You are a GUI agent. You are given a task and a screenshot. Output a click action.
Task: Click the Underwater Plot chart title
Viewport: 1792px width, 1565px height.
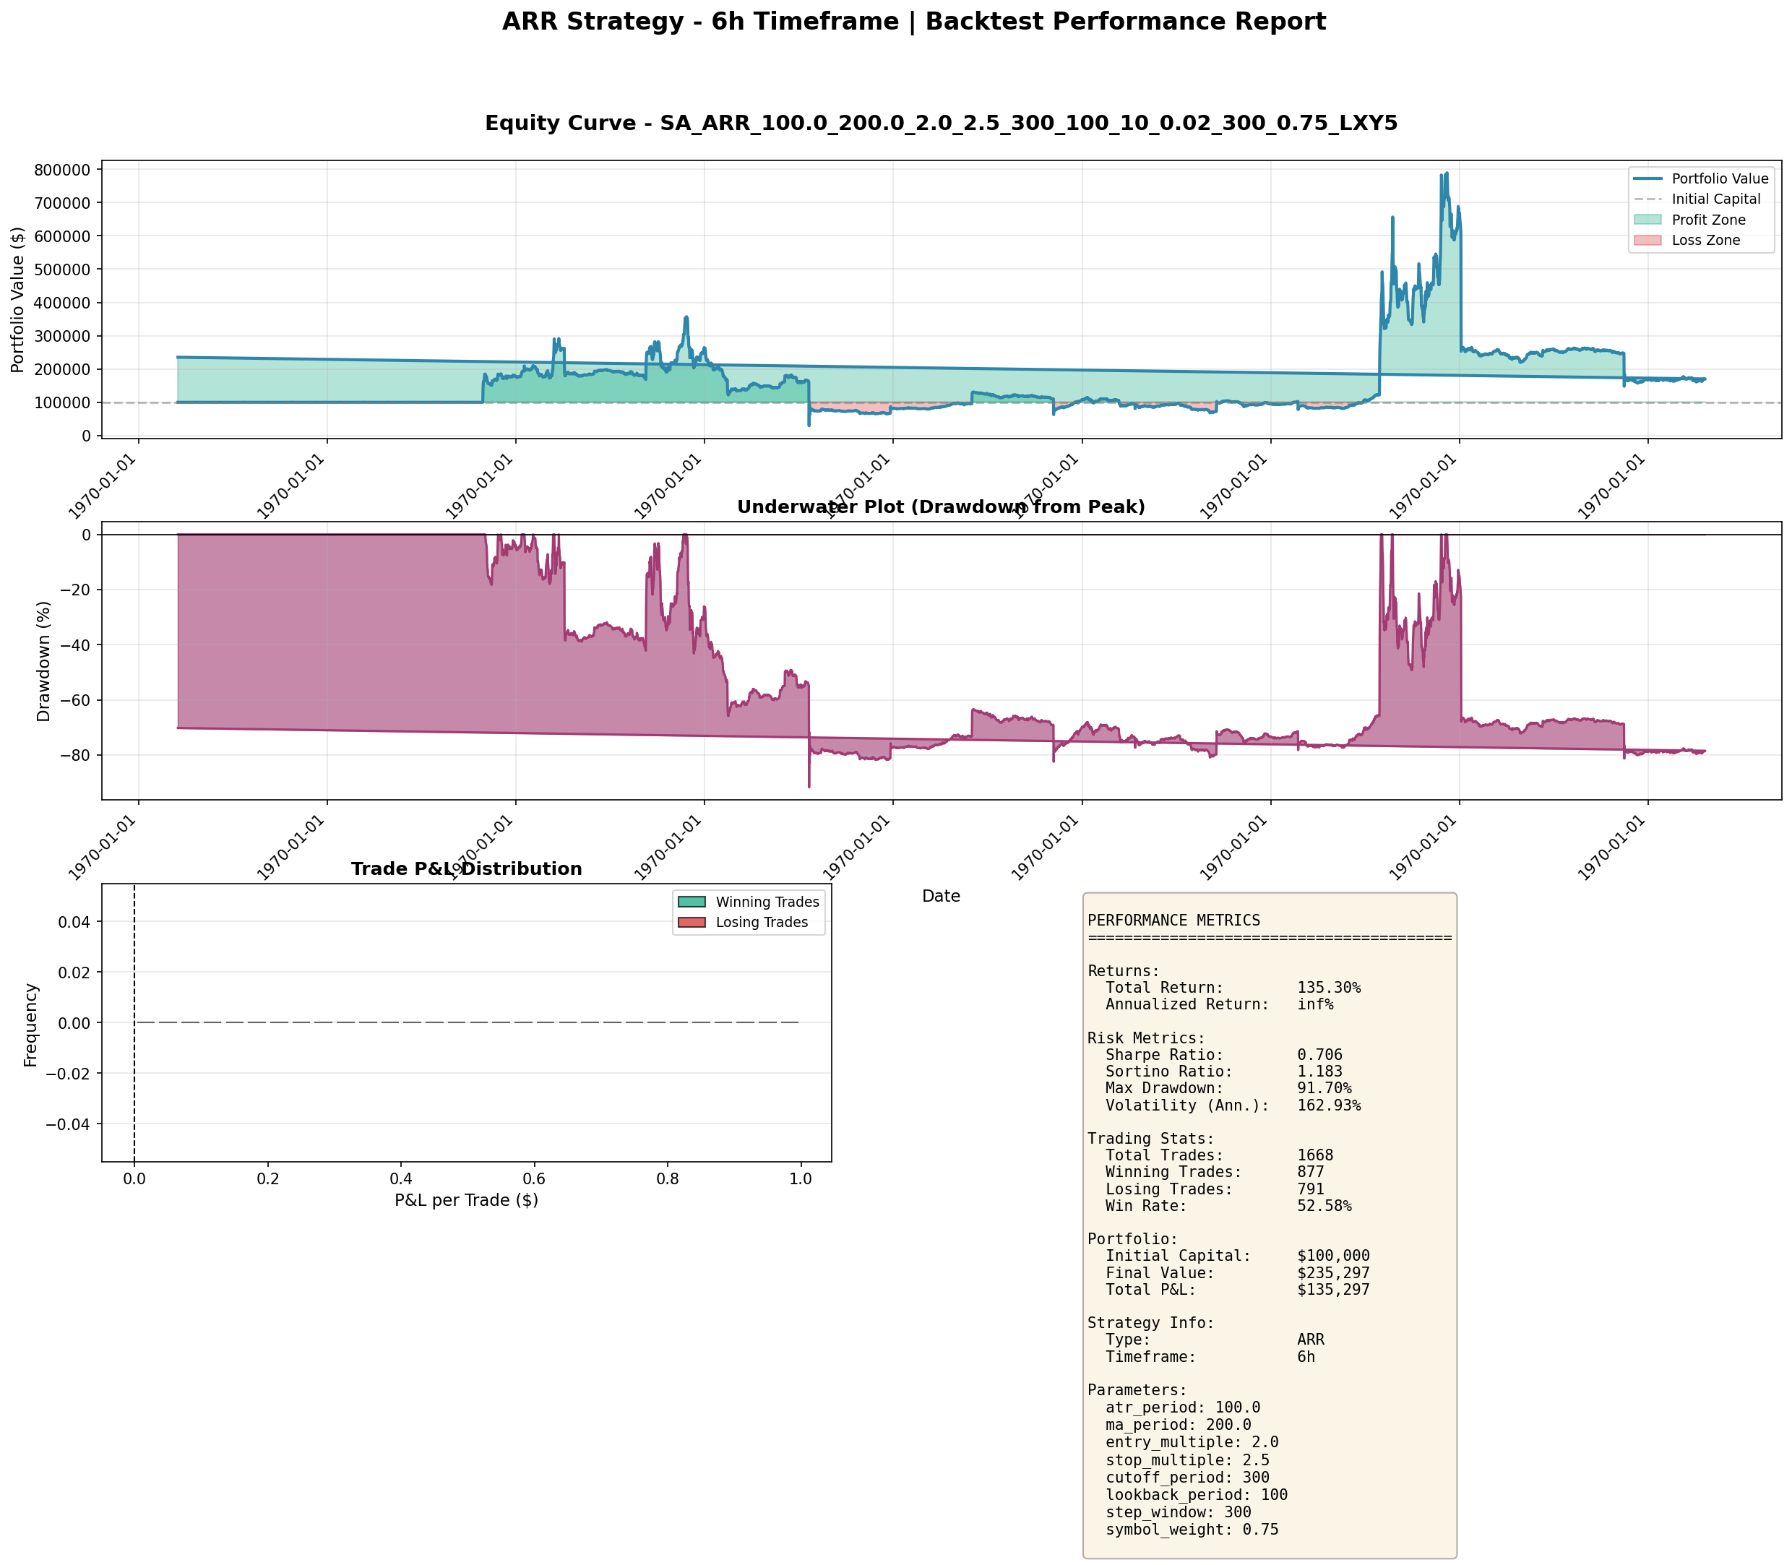click(941, 507)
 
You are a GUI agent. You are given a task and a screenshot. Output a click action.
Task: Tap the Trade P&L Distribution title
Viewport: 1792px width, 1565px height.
click(466, 869)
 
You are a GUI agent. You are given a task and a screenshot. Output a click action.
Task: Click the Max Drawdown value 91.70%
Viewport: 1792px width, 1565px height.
click(1324, 1088)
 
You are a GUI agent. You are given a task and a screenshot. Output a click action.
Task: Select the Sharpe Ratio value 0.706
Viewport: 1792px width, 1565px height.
click(1319, 1055)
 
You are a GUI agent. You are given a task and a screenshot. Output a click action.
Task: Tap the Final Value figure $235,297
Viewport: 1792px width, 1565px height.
click(1332, 1273)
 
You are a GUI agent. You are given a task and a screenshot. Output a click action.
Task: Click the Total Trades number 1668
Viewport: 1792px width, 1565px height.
click(1315, 1155)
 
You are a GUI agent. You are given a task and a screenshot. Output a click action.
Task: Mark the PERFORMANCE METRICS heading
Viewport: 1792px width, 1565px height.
click(1173, 921)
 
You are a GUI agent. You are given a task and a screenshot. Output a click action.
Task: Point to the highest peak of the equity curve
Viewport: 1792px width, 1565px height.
click(1446, 173)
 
